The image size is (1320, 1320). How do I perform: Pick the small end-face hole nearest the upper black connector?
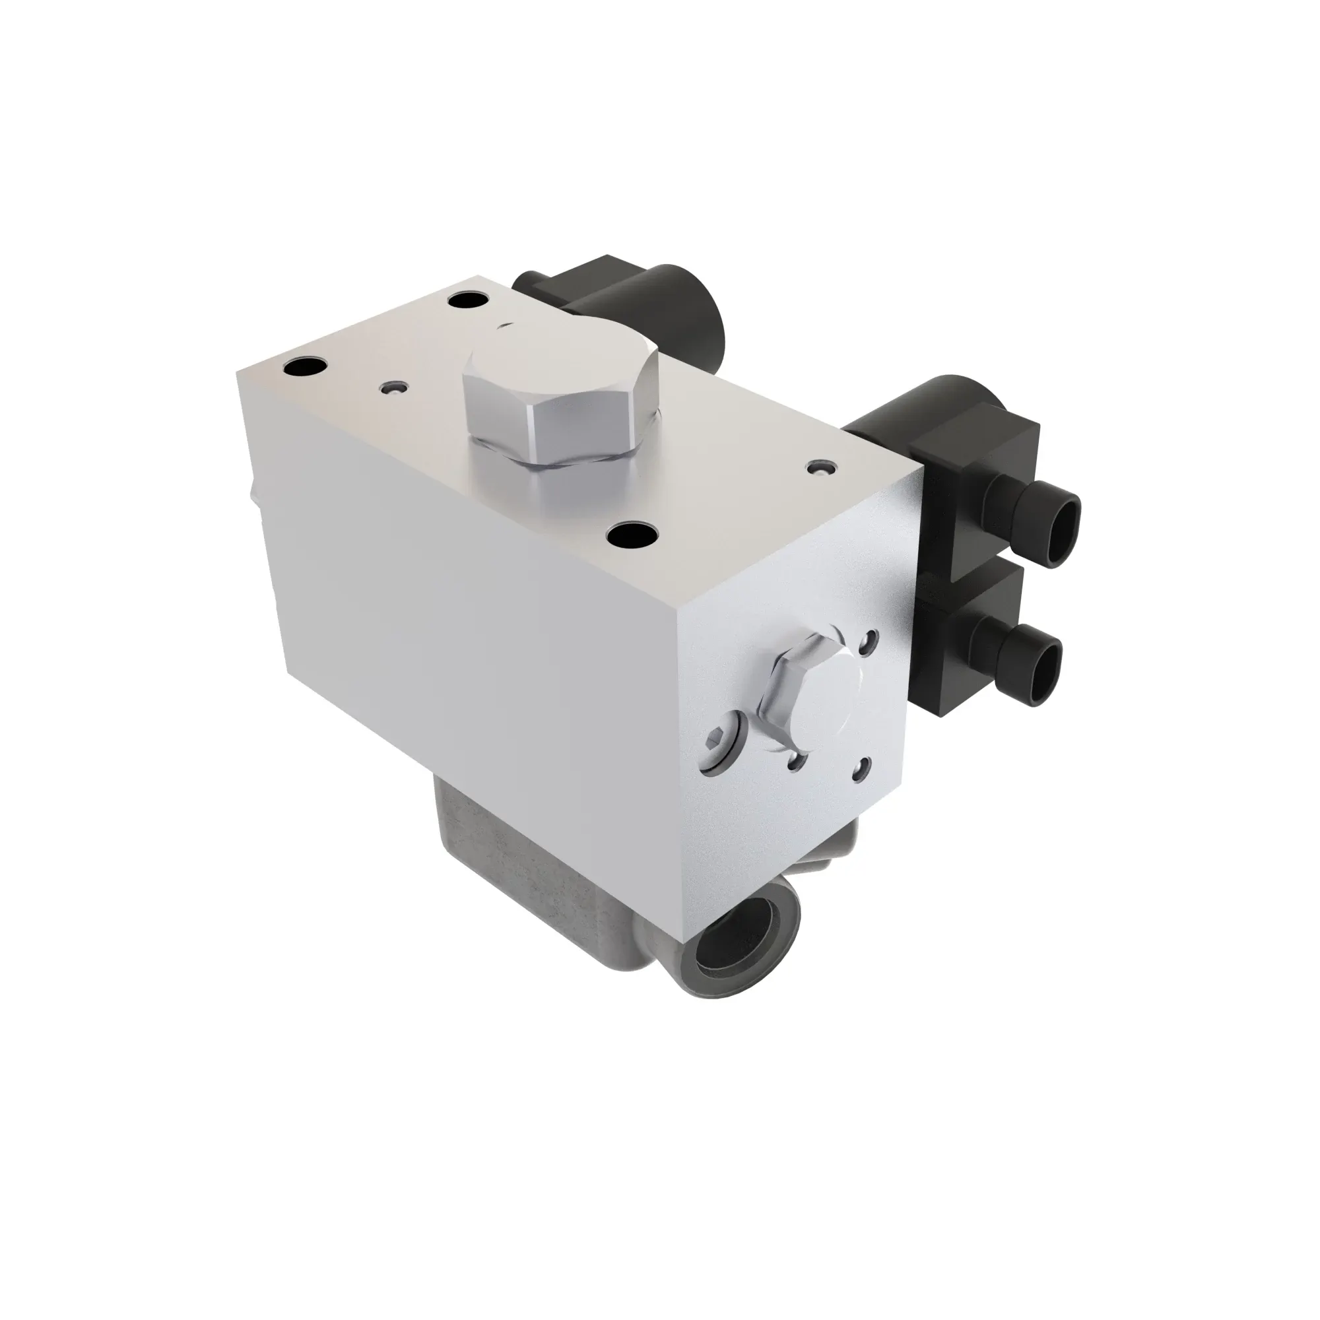coord(869,640)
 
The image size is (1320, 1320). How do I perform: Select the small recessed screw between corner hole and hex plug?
coord(394,388)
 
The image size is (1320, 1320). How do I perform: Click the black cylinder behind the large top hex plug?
coord(697,314)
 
